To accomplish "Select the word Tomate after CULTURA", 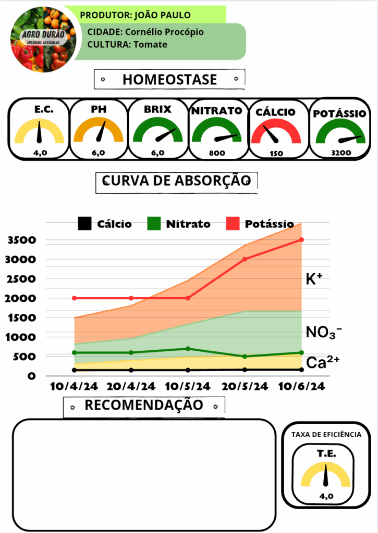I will tap(150, 44).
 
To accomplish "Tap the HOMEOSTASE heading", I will tap(169, 80).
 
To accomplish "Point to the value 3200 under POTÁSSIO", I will tap(341, 153).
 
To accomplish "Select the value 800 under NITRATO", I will tap(216, 153).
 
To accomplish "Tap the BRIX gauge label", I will tap(157, 110).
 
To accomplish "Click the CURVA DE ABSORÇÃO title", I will tap(177, 181).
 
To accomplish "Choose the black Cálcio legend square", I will tap(84, 224).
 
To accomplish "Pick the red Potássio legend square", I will tap(233, 224).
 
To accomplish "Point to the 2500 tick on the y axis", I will tap(21, 279).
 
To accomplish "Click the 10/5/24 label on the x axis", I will tap(188, 387).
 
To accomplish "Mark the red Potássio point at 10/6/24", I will tap(301, 240).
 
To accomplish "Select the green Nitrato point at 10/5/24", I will tap(188, 349).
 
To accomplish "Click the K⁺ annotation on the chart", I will tap(314, 279).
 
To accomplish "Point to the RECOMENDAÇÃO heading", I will tap(143, 405).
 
